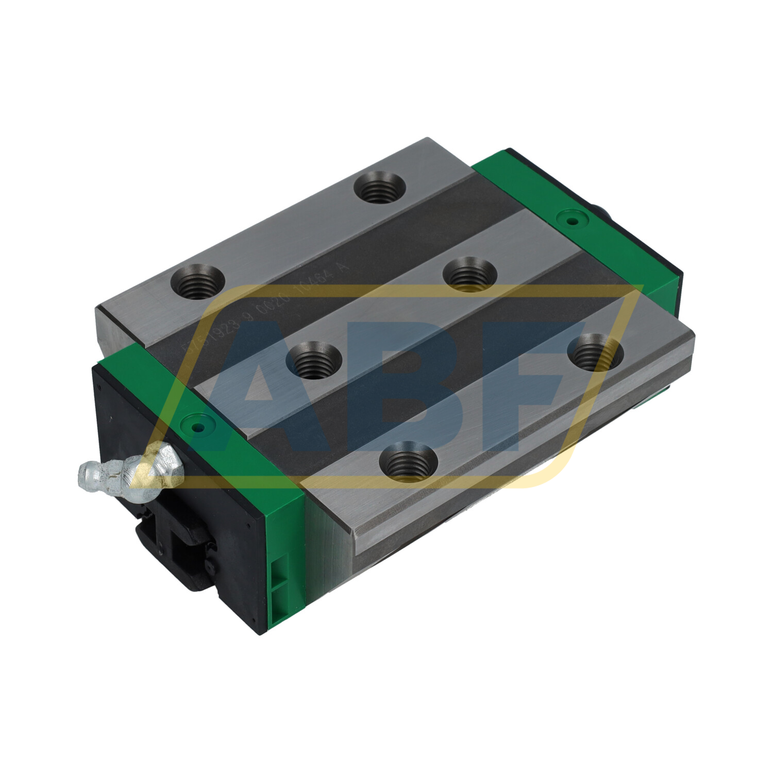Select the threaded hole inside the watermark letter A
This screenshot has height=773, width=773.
click(x=313, y=361)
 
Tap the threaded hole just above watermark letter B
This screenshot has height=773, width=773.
click(x=469, y=273)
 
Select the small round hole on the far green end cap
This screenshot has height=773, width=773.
click(x=570, y=222)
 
